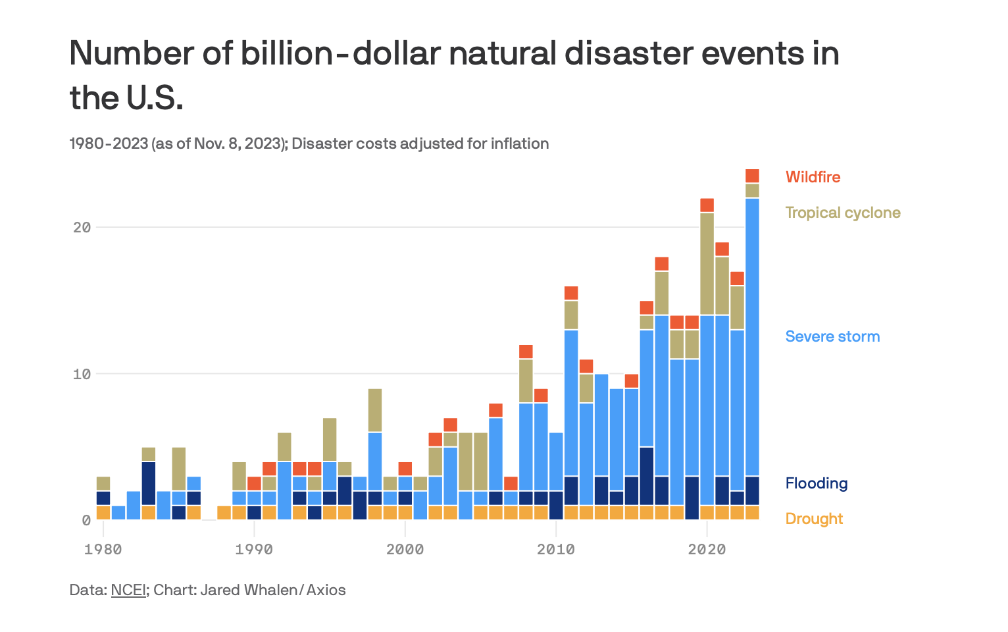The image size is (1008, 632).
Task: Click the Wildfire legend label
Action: [x=813, y=177]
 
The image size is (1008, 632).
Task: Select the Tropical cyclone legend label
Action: [x=843, y=213]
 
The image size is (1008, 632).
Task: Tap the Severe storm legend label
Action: [x=832, y=336]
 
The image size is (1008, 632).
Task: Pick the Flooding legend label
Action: [x=816, y=483]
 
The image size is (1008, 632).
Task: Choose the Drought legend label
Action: [x=814, y=519]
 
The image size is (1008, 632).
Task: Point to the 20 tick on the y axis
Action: [x=82, y=227]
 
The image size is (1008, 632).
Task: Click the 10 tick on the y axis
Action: [x=82, y=374]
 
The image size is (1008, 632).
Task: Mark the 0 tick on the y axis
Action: [x=86, y=520]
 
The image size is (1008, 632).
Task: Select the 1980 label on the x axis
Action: [x=103, y=549]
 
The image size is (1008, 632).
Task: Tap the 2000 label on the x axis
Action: [x=405, y=549]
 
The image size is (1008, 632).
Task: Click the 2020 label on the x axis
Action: [x=707, y=549]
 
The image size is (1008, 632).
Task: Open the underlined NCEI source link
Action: [x=128, y=590]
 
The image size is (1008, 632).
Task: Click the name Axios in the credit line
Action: [x=326, y=590]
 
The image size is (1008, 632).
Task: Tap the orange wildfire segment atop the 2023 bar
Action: [x=752, y=176]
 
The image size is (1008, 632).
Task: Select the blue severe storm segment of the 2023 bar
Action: [x=752, y=336]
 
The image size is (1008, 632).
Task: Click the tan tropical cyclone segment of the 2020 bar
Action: [x=707, y=263]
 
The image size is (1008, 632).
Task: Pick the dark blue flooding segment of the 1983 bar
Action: [x=149, y=483]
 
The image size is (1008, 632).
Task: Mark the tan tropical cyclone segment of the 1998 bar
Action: [x=375, y=410]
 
